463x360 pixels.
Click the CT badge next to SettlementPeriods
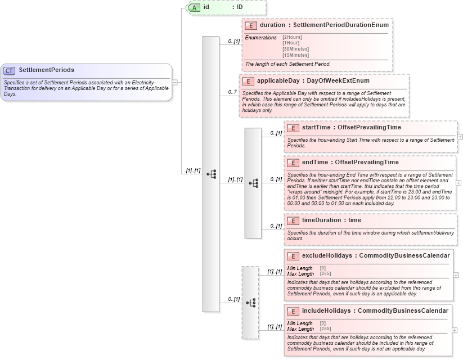click(10, 71)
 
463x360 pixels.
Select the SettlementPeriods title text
click(46, 70)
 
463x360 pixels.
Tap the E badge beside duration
click(251, 25)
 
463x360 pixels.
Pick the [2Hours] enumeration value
click(292, 37)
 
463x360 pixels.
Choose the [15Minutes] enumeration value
click(295, 55)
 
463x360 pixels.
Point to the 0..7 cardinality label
click(232, 92)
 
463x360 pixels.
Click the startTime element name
click(316, 128)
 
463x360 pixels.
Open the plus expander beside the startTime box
click(460, 136)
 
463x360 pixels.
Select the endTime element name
click(314, 163)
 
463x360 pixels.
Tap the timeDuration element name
click(323, 220)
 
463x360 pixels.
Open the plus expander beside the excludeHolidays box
click(456, 276)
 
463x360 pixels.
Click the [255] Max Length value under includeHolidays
click(325, 328)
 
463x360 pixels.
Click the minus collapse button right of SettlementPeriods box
click(175, 82)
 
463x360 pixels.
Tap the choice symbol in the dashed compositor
click(251, 303)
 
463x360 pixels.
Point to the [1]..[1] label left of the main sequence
click(193, 170)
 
